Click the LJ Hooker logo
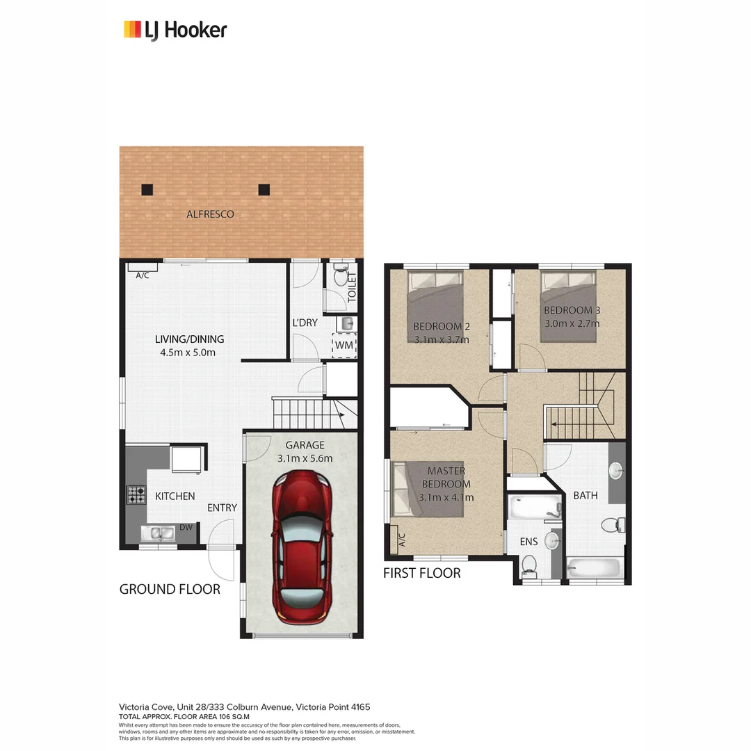click(x=175, y=30)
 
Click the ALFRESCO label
click(x=210, y=214)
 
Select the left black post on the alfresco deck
click(x=147, y=189)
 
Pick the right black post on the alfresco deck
click(x=264, y=189)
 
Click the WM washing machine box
click(x=344, y=345)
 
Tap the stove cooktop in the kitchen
click(x=135, y=495)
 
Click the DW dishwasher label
click(x=186, y=528)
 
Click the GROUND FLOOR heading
click(x=170, y=589)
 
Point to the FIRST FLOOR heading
click(x=422, y=573)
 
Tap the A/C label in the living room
click(x=143, y=275)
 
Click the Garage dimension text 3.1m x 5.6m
click(x=305, y=458)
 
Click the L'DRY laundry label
click(x=305, y=323)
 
